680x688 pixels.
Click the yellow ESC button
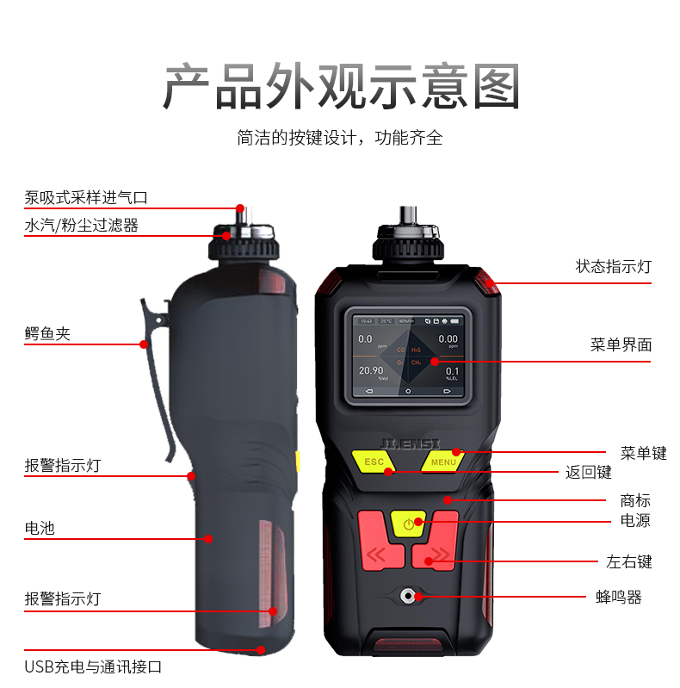pos(374,462)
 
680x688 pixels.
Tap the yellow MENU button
pos(443,462)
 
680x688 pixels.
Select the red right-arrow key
pos(440,552)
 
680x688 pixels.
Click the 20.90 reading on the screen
pos(371,371)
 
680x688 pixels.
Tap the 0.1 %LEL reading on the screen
pos(450,373)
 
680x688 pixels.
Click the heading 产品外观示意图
pos(341,86)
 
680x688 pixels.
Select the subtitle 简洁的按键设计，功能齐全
pos(340,137)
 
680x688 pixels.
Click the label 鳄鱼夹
pos(47,334)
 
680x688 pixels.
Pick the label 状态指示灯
pos(613,267)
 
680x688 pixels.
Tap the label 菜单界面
pos(621,345)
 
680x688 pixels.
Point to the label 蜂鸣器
pos(619,597)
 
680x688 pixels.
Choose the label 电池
pos(40,528)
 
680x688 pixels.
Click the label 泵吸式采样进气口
pos(86,197)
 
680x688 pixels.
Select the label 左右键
pos(629,562)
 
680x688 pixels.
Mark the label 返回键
pos(588,472)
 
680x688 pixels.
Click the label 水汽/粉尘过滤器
pos(81,226)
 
